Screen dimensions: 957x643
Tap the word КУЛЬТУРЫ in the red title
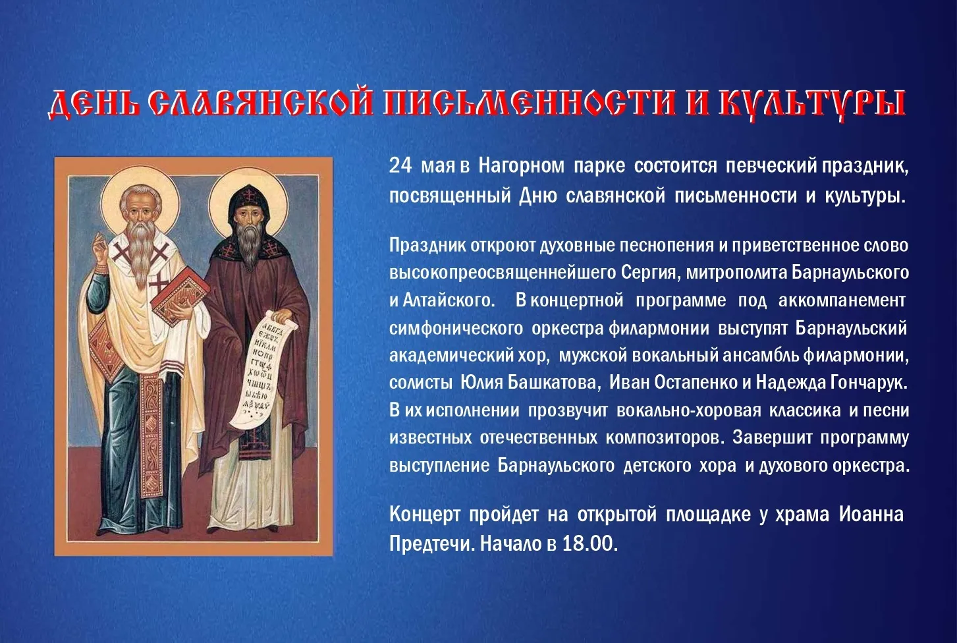[812, 104]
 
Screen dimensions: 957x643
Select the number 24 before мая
[400, 166]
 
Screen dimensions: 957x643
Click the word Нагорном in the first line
[521, 166]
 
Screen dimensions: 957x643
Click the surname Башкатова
[551, 382]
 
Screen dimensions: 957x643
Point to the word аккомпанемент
[842, 300]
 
